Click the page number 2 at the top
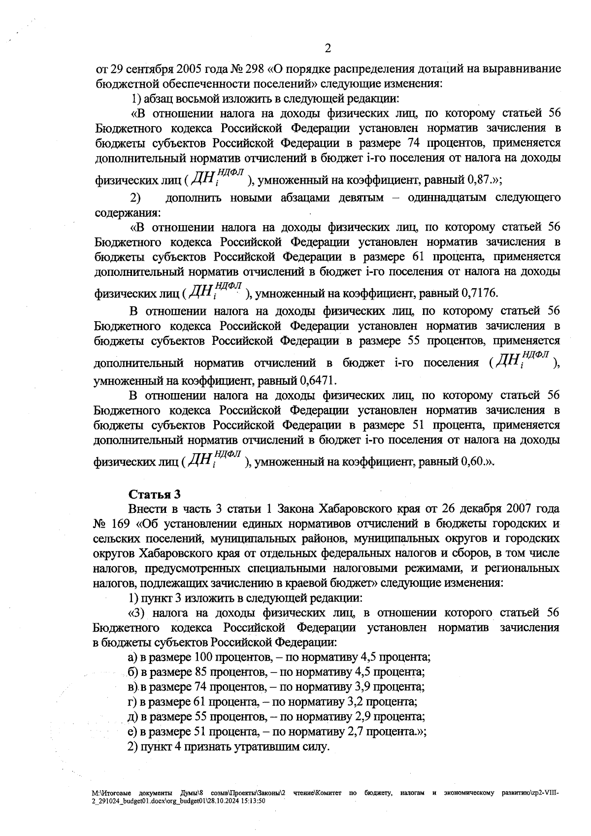pos(328,48)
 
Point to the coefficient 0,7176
pos(478,294)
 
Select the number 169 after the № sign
pos(122,523)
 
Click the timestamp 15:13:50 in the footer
pos(253,802)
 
